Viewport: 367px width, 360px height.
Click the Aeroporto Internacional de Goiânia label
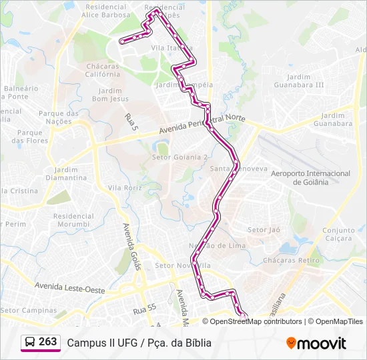coord(311,178)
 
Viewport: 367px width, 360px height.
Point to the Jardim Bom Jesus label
coord(110,95)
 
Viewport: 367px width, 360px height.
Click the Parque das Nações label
coord(59,117)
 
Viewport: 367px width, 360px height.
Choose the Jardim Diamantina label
coord(66,174)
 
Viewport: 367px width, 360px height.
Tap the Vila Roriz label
coord(125,188)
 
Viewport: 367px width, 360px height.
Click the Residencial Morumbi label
coord(73,220)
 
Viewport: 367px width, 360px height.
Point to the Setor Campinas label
coord(29,310)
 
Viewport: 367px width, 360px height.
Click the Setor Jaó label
coord(264,230)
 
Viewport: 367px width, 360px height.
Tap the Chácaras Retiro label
coord(292,260)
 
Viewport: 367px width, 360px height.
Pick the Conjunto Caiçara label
coord(339,235)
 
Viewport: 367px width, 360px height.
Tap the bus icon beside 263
coord(30,342)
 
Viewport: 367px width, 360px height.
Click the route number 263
coord(48,342)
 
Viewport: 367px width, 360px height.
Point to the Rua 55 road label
coord(143,310)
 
